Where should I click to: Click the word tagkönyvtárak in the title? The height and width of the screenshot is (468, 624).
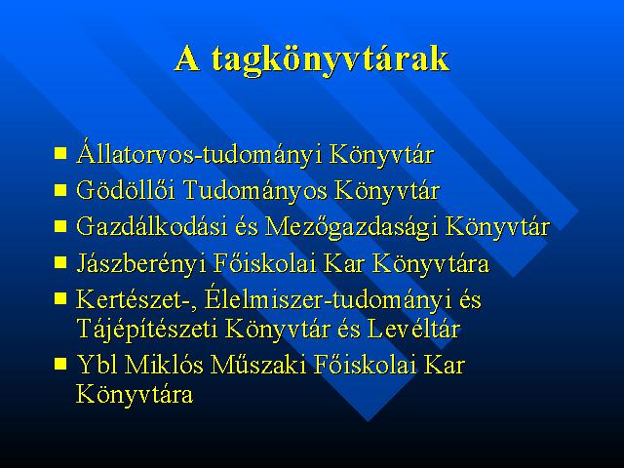tap(330, 60)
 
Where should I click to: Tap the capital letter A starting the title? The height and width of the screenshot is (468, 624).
tap(187, 58)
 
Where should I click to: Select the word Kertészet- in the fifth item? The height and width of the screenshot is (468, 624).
tap(136, 299)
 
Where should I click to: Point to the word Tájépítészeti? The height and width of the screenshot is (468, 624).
tap(146, 330)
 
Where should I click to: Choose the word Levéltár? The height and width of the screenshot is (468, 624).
tap(413, 329)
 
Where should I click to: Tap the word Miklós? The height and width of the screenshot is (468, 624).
tap(164, 364)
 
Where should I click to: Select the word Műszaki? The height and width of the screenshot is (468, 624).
tap(258, 364)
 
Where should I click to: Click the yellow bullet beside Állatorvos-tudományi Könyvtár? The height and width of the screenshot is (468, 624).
tap(60, 153)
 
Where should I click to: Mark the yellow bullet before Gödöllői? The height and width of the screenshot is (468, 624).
tap(60, 190)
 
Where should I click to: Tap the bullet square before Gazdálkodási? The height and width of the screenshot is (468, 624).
tap(60, 226)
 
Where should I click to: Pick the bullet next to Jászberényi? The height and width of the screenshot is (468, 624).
tap(60, 262)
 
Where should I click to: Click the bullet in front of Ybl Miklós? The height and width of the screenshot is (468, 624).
tap(60, 364)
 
